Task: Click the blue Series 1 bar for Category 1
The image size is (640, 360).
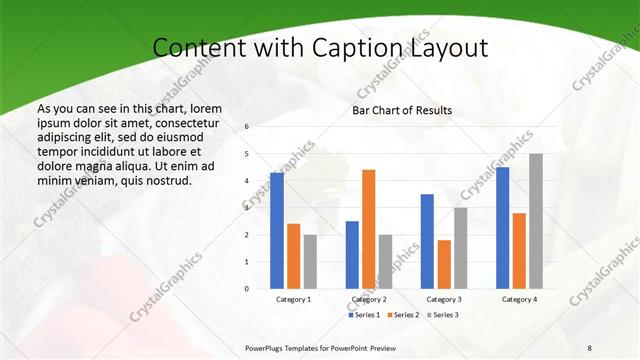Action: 277,231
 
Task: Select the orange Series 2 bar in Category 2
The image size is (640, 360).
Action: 368,229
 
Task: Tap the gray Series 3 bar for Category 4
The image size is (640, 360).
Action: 536,221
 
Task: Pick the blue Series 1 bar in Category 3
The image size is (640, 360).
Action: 427,241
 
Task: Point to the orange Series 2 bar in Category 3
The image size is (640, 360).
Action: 444,264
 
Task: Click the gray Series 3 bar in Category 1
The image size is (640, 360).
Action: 310,262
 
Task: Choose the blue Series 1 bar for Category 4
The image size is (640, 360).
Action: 502,228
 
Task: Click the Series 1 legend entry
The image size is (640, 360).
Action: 365,315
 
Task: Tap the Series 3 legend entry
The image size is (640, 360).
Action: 443,315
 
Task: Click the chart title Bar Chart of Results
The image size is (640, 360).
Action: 402,110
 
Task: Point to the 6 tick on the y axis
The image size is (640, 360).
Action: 246,127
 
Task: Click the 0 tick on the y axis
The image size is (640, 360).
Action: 246,289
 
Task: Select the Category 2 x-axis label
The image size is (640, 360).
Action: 368,299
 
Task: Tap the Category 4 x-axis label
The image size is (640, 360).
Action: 519,299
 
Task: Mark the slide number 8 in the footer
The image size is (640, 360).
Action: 590,347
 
